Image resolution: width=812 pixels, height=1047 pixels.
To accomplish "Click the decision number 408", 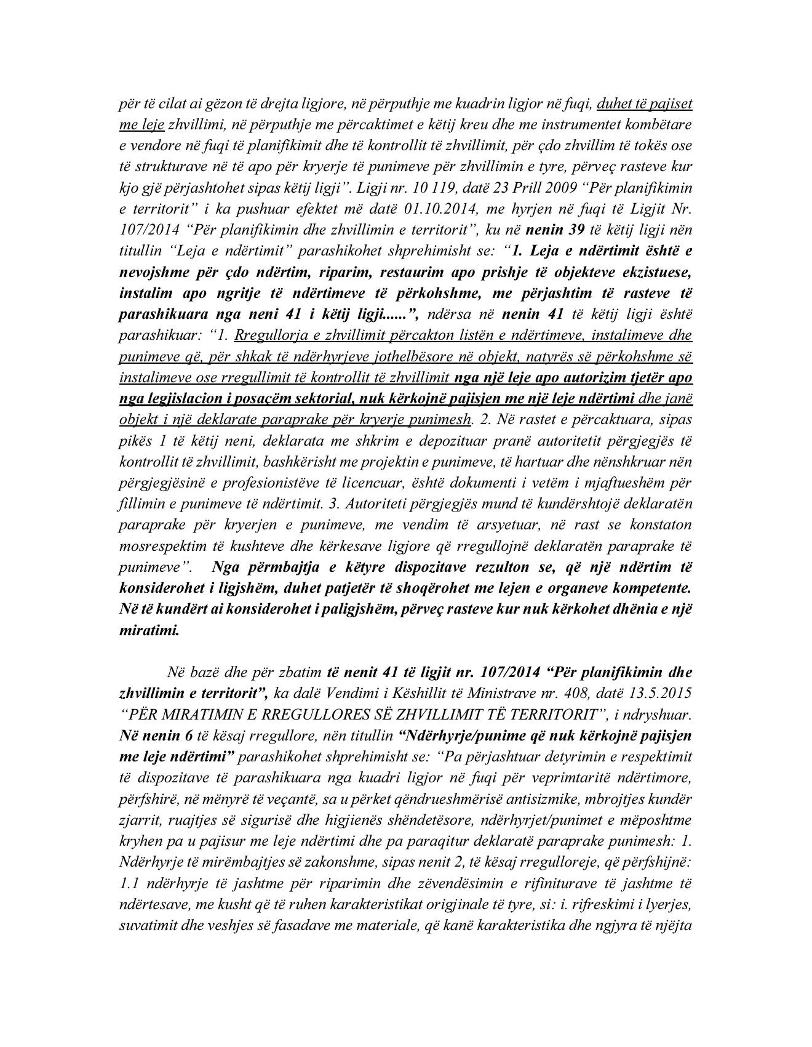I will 573,692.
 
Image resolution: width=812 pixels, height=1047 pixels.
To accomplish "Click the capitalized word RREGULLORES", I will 316,714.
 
